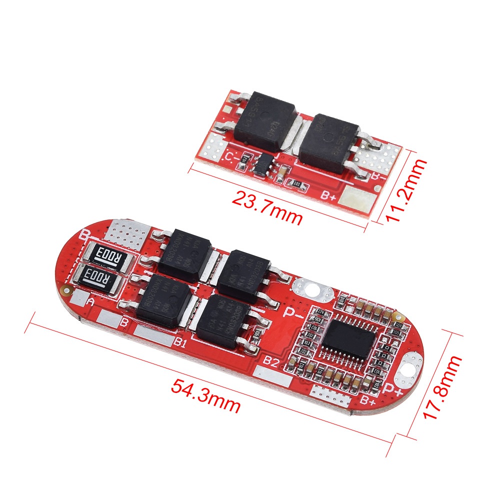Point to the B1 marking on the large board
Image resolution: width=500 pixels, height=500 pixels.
click(180, 343)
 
